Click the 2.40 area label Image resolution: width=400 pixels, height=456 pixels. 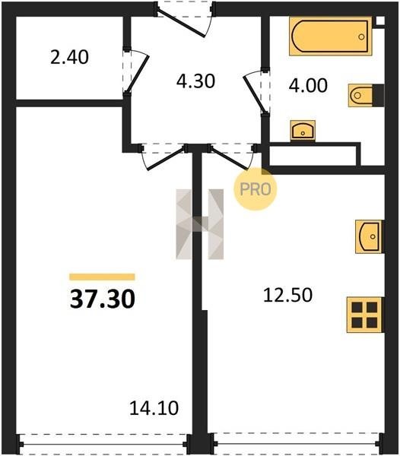pyautogui.click(x=69, y=57)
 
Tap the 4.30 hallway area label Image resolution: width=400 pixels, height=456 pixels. pyautogui.click(x=195, y=81)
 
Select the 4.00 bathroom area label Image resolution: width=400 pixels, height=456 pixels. pyautogui.click(x=308, y=85)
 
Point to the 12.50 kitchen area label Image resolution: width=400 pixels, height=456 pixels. pyautogui.click(x=287, y=295)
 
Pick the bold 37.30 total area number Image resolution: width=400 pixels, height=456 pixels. pyautogui.click(x=103, y=299)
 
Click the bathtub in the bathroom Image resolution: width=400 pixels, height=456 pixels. pyautogui.click(x=331, y=36)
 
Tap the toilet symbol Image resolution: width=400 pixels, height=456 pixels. pyautogui.click(x=366, y=96)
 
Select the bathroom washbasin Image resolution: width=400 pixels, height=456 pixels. pyautogui.click(x=303, y=131)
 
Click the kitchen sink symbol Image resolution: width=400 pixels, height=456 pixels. pyautogui.click(x=369, y=236)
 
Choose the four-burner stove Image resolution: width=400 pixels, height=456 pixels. pyautogui.click(x=364, y=315)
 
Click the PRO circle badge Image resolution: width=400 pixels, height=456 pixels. pyautogui.click(x=255, y=189)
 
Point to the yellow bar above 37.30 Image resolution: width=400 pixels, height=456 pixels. pyautogui.click(x=102, y=277)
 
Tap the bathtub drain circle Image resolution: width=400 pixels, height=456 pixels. pyautogui.click(x=362, y=36)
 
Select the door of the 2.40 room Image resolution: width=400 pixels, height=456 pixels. pyautogui.click(x=138, y=73)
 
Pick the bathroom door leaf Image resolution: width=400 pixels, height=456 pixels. pyautogui.click(x=254, y=93)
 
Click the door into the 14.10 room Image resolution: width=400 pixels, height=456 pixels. pyautogui.click(x=166, y=159)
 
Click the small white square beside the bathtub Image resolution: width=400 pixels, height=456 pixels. pyautogui.click(x=380, y=21)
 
